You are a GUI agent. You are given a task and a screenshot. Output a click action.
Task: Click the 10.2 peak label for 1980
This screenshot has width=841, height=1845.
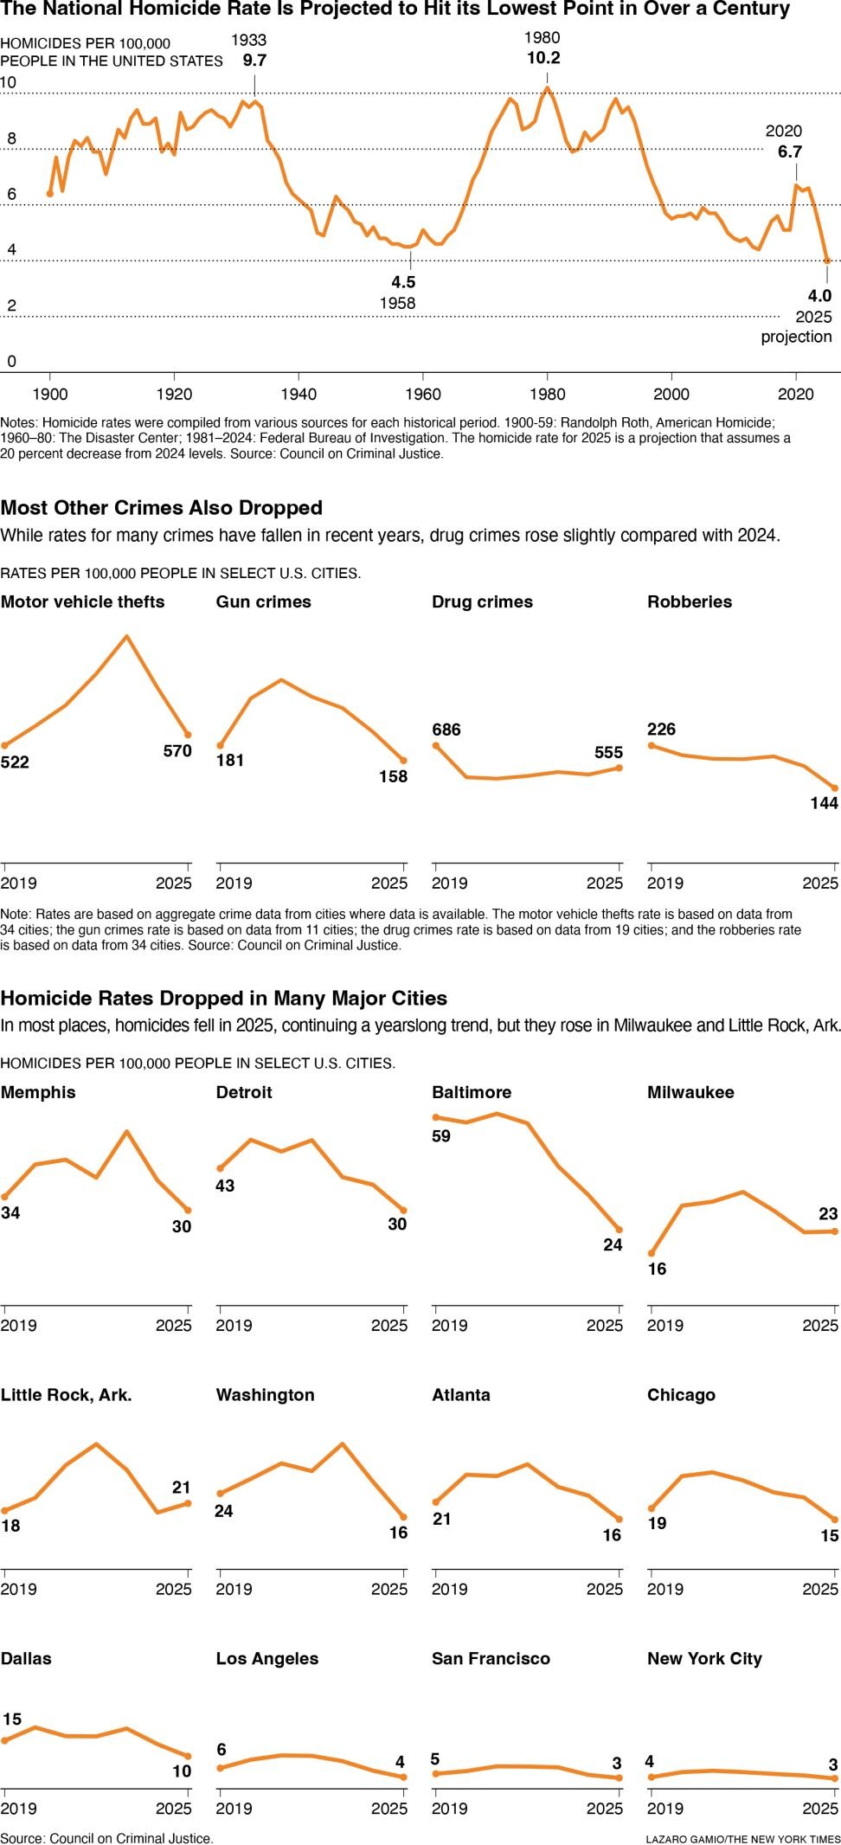[x=543, y=58]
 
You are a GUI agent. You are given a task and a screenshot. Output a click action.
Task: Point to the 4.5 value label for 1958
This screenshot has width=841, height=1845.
[x=403, y=282]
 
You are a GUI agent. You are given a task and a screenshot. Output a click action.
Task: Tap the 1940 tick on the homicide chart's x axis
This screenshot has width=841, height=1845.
[x=299, y=394]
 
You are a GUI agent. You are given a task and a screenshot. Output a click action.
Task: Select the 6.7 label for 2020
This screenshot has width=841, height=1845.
[x=789, y=151]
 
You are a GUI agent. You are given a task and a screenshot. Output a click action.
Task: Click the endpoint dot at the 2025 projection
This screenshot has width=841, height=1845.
[x=827, y=260]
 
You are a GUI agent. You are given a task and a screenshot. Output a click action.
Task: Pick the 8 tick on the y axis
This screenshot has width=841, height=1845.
[x=11, y=138]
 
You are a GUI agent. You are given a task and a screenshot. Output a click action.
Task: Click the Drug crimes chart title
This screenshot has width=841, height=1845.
[x=482, y=601]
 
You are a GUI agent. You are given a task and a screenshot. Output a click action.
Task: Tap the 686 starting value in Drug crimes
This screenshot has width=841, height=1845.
[x=446, y=730]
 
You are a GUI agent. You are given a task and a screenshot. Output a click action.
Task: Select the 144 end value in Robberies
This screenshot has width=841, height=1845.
[x=824, y=803]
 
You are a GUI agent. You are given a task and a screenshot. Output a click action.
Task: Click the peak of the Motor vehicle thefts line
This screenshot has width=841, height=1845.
[x=127, y=637]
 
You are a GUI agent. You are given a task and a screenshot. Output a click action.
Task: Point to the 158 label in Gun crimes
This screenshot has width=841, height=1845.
[x=393, y=776]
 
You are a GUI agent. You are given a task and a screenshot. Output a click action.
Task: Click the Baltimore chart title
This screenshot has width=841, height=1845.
[x=472, y=1092]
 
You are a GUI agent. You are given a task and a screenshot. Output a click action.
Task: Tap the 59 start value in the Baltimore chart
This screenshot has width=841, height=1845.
[x=441, y=1136]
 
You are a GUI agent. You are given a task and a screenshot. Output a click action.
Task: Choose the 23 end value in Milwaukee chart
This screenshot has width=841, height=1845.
[x=828, y=1213]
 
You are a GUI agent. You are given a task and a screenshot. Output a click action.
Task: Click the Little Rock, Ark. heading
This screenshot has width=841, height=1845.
[x=67, y=1395]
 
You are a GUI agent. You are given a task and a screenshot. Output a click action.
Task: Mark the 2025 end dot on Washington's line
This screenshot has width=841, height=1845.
[x=403, y=1517]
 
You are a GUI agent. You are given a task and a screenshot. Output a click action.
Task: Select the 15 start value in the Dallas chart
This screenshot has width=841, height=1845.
[x=12, y=1719]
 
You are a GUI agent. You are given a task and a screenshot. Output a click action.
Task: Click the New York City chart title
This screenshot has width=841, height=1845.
[x=704, y=1658]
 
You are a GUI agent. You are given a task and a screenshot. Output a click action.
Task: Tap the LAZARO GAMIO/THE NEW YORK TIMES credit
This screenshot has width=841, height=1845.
[x=742, y=1838]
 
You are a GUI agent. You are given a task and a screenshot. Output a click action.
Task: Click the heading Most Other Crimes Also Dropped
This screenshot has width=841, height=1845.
[x=162, y=508]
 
